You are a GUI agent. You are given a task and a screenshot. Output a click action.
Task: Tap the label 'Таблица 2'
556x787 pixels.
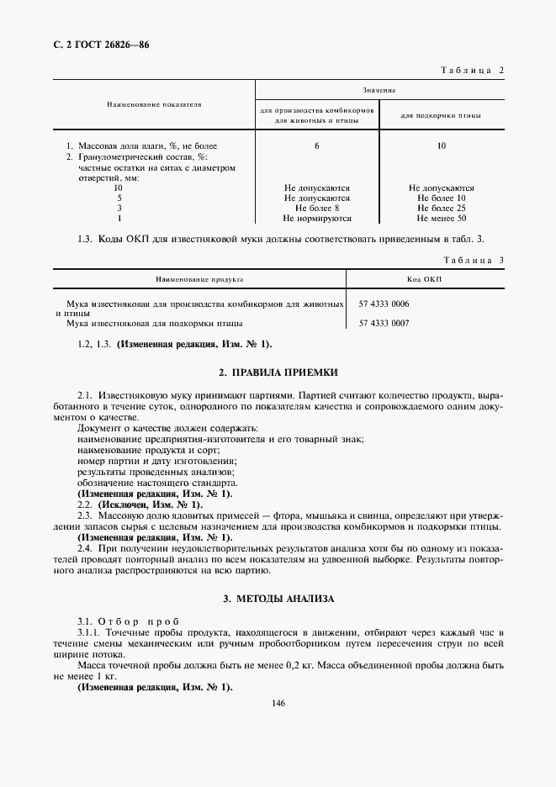tap(471, 70)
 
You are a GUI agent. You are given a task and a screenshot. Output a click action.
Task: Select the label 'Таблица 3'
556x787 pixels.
tap(471, 260)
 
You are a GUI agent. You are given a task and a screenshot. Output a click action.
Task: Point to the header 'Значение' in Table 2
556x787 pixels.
tap(379, 89)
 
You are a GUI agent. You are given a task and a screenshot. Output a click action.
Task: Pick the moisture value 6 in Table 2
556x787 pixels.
tap(317, 146)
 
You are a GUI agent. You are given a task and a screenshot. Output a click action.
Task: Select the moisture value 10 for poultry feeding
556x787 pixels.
tap(442, 146)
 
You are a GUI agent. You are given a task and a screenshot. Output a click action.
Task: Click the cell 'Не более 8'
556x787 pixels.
tap(317, 208)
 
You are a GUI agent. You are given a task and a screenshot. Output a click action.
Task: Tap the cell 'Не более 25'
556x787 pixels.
tap(442, 208)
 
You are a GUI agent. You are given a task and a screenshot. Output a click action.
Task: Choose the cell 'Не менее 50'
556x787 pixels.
tap(442, 218)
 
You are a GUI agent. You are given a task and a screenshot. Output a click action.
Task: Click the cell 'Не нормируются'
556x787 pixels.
tap(317, 218)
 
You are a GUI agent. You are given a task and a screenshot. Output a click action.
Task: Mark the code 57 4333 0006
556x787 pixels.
tap(384, 304)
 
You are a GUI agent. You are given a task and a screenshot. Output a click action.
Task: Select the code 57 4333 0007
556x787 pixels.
tap(384, 323)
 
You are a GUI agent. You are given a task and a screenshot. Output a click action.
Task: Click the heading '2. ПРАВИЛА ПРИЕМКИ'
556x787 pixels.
tap(278, 372)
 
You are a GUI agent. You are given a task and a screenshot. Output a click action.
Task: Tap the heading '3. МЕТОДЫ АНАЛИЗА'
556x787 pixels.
tap(278, 599)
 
